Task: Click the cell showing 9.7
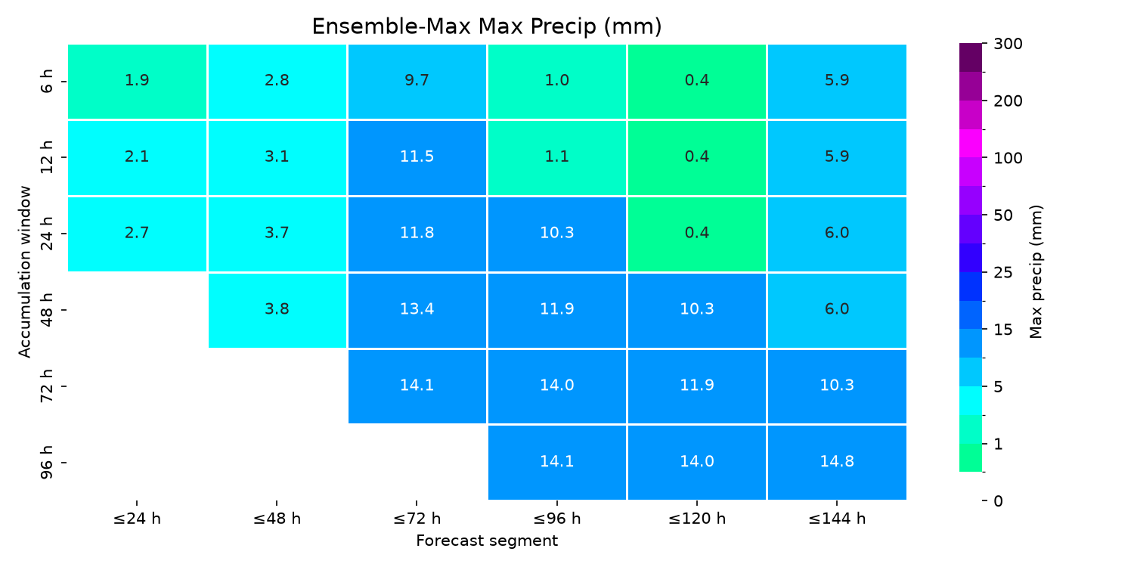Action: click(x=417, y=82)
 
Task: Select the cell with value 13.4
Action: click(x=417, y=310)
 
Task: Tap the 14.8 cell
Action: click(x=837, y=463)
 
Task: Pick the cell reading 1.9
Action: click(x=137, y=82)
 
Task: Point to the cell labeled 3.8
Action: click(x=277, y=310)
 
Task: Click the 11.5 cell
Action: click(x=417, y=157)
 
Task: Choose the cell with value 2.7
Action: click(x=137, y=234)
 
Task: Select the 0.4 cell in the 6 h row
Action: click(x=697, y=82)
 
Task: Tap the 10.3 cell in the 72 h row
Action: click(x=837, y=386)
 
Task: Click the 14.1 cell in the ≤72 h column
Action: click(x=417, y=386)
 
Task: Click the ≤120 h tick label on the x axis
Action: click(x=697, y=519)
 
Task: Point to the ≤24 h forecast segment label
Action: click(x=137, y=519)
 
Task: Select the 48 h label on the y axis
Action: click(x=46, y=310)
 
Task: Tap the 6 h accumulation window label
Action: click(x=46, y=82)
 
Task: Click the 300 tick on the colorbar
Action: click(x=1008, y=44)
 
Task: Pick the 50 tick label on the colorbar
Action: click(x=1003, y=215)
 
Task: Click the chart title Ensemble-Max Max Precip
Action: click(x=487, y=26)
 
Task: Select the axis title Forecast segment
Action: click(x=487, y=541)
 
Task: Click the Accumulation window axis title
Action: click(x=24, y=272)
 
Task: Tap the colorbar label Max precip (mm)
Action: click(x=1036, y=272)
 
